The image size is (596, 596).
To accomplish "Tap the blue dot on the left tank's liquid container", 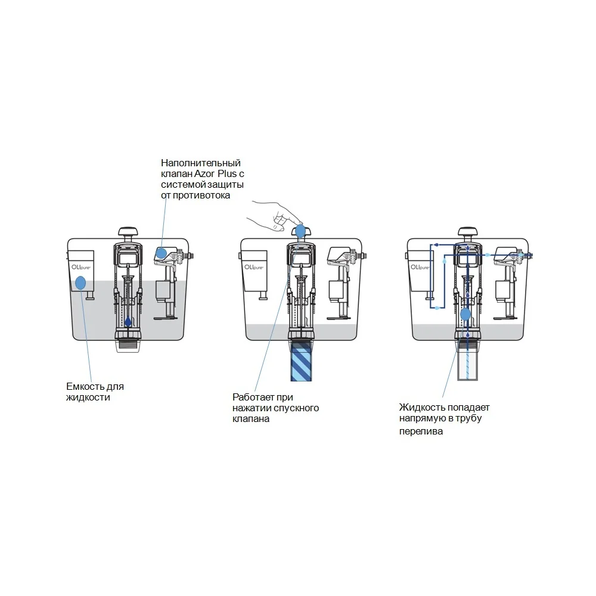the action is (80, 283).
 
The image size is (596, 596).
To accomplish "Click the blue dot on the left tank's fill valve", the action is (162, 253).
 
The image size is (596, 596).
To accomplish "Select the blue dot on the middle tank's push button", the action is (300, 231).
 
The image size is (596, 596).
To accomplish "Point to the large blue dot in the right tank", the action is (465, 314).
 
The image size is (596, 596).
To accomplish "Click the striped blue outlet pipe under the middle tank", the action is (301, 361).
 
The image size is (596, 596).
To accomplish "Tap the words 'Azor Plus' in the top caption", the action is (216, 173).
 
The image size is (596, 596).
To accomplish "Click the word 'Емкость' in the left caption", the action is (85, 387).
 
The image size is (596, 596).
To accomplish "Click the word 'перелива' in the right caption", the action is (421, 432).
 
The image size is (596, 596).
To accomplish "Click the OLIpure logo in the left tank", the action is (81, 267).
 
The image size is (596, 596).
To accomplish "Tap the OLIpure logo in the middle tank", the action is (254, 267).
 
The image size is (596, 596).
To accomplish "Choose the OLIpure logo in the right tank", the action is (420, 267).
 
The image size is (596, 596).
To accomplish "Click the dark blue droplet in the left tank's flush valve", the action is (128, 322).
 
